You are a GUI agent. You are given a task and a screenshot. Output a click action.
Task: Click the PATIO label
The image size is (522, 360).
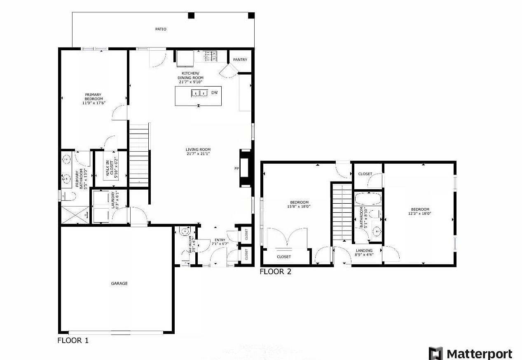coord(161,29)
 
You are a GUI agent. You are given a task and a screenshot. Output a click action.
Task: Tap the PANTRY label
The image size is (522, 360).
coord(240,60)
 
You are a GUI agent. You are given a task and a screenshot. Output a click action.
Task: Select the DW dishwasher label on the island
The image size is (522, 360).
coord(214,93)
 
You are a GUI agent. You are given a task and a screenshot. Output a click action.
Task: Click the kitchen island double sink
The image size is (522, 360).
coord(199,93)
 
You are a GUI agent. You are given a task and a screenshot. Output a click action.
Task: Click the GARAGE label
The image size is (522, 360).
coord(119,283)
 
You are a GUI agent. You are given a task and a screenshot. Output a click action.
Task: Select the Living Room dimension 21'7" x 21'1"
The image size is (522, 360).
coord(198,154)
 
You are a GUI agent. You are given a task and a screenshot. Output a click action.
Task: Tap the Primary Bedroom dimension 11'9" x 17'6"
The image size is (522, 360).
coord(93,103)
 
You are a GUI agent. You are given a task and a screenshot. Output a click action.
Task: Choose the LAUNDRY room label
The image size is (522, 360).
coord(115,200)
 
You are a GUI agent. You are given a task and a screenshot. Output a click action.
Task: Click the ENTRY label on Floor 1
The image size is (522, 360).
coord(220,240)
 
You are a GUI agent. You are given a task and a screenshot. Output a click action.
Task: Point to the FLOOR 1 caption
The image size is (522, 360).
coord(73,341)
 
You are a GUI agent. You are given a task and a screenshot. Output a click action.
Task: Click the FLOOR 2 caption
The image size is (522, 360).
coord(276,272)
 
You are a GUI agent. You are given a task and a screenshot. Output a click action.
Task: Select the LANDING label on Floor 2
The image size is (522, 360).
coord(364,251)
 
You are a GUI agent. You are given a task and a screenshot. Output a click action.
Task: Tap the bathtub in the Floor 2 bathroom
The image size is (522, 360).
coord(368,199)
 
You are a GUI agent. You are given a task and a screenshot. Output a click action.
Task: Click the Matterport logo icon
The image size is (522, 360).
coord(435,353)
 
